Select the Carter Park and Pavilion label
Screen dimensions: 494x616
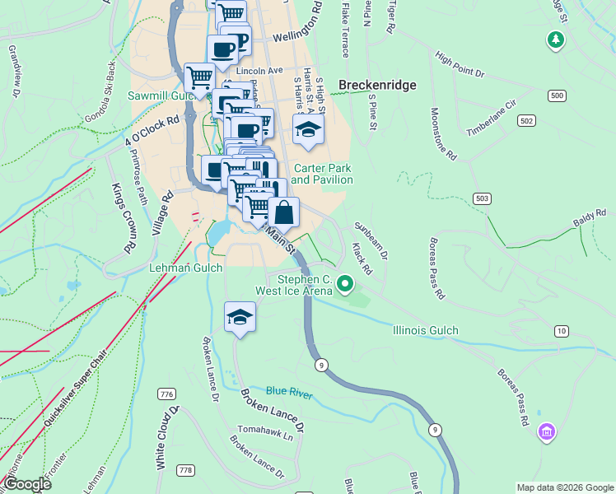[321, 174]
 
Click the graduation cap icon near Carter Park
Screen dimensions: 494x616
[308, 130]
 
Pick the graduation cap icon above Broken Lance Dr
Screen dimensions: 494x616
[240, 317]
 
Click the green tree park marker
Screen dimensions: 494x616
[557, 39]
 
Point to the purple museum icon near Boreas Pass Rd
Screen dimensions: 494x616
[545, 431]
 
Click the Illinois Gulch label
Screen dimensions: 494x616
[425, 330]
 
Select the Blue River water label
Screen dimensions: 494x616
[289, 394]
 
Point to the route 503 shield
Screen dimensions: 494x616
[483, 198]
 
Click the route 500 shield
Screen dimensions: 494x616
[558, 96]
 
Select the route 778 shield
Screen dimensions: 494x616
[185, 470]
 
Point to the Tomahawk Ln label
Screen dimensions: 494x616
[265, 430]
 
